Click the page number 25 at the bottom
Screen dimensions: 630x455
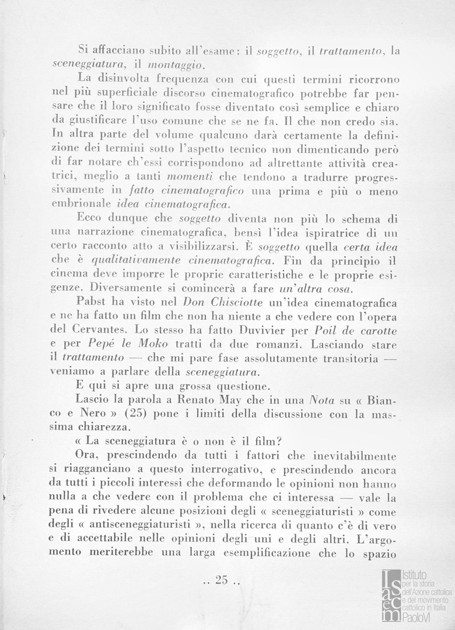coord(220,580)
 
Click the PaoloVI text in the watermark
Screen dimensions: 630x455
coord(418,619)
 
